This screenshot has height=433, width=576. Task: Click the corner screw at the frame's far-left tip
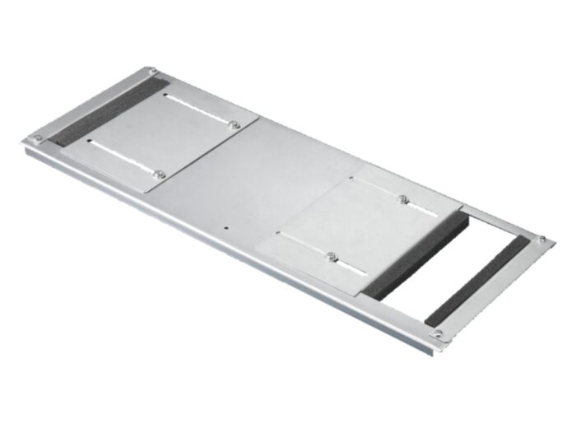click(36, 138)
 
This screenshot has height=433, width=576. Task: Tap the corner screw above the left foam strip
click(153, 72)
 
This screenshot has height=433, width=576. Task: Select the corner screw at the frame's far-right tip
click(541, 240)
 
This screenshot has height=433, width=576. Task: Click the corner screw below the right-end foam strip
click(438, 334)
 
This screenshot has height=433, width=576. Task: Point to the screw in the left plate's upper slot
click(234, 125)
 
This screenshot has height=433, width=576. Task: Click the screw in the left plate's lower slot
click(160, 175)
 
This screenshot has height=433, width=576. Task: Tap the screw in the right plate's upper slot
click(402, 198)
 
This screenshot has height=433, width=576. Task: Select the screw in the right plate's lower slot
click(331, 256)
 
